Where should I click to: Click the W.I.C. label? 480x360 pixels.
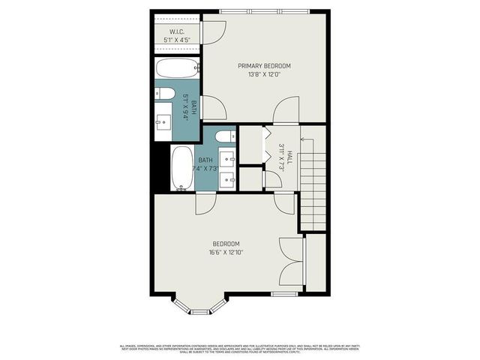point(176,31)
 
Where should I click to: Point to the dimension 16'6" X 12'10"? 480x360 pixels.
point(226,253)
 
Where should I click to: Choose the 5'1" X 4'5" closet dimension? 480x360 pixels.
point(176,40)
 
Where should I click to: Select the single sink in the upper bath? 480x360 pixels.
point(164,121)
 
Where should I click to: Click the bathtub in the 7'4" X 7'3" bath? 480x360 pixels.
point(182,168)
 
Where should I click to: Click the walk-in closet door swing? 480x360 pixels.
point(214,32)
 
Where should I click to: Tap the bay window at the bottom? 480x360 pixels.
point(199,307)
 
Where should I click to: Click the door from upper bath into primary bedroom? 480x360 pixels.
point(214,109)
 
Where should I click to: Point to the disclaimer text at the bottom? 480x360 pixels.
point(240,348)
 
